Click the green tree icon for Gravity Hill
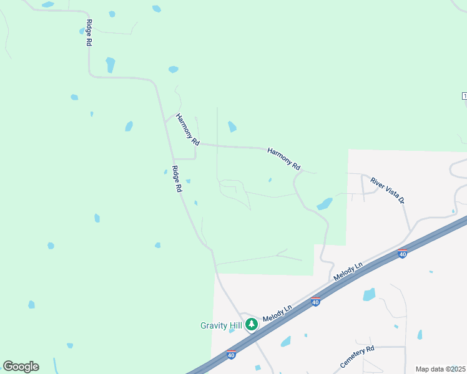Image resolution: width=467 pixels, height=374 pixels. click(251, 324)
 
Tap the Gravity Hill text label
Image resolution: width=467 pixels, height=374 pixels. click(222, 325)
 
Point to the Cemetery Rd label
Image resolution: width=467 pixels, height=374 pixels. click(357, 356)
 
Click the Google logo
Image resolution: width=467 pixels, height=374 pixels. click(21, 367)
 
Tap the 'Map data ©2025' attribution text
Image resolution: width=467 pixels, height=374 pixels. click(440, 369)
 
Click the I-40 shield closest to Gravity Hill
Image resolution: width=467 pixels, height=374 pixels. click(231, 355)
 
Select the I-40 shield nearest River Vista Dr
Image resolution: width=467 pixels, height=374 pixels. click(403, 254)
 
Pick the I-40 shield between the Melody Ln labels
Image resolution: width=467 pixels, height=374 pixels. click(316, 302)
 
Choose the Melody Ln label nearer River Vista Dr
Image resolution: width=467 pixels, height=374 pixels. click(348, 272)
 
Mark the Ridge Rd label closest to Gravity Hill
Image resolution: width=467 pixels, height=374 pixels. click(177, 178)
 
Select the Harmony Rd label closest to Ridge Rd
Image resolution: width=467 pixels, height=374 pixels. click(187, 130)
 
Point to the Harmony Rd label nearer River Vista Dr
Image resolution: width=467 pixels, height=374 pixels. click(284, 159)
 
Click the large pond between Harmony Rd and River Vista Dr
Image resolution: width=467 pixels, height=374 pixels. click(325, 204)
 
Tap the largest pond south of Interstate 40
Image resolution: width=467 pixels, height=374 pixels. click(369, 294)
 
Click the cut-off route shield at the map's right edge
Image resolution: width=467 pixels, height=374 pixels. click(464, 95)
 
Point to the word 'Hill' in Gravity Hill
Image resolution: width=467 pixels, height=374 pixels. click(235, 325)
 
